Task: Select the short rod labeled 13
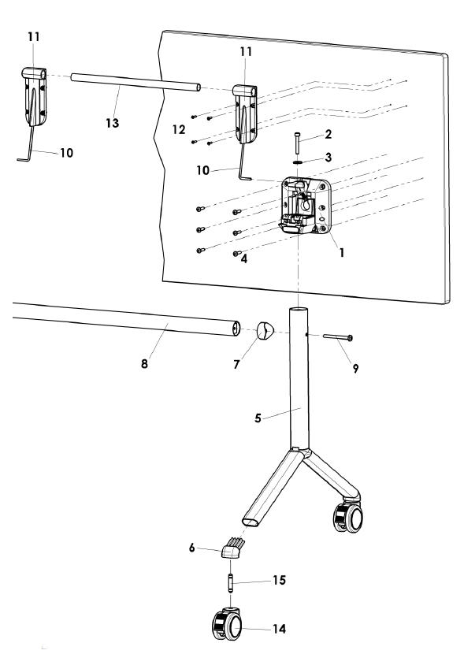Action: [134, 82]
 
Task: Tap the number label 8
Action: [143, 365]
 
